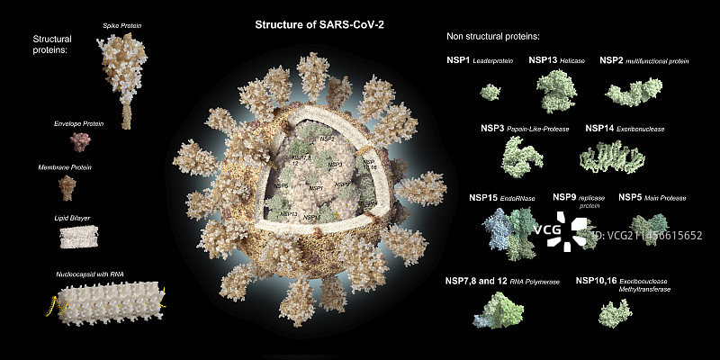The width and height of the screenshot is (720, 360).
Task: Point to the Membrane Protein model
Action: point(68,188)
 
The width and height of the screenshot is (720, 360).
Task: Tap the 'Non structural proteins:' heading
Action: point(492,36)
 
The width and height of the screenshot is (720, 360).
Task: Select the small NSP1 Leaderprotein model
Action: point(490,92)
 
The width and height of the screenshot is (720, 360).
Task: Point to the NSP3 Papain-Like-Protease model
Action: point(522,157)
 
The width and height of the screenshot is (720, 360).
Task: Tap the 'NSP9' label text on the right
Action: point(564,196)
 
